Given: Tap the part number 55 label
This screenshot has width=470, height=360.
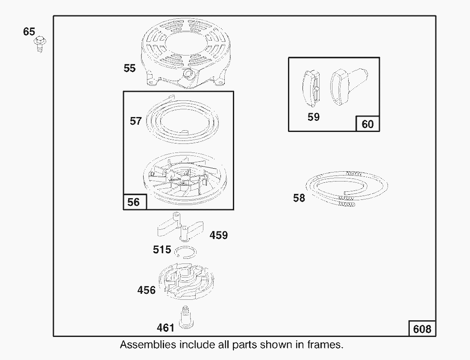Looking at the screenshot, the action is [129, 68].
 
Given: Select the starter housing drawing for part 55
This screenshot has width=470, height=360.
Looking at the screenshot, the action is [186, 53].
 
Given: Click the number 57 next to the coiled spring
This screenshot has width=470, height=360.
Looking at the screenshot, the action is [135, 121].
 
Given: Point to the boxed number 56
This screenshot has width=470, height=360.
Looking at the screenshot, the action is [133, 202].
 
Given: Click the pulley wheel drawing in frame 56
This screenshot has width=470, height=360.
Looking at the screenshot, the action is [185, 179].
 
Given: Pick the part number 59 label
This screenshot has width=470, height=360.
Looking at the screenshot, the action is [314, 117].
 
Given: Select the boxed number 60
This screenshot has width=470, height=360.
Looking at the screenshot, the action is [368, 124].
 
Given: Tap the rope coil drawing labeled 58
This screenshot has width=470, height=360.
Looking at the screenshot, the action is [347, 189].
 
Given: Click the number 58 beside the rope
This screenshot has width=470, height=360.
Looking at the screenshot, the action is [299, 198].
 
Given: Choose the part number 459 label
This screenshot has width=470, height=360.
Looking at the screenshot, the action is [218, 235].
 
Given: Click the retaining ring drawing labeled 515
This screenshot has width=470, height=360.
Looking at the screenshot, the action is [186, 252].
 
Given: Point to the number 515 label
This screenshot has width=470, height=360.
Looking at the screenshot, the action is [162, 249].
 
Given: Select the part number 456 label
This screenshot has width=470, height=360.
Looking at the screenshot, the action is [146, 290].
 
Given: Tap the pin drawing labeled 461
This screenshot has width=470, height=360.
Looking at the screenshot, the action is [186, 318].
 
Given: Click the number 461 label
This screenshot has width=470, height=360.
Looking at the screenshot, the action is [165, 328].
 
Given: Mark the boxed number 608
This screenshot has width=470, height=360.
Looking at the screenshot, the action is [422, 329].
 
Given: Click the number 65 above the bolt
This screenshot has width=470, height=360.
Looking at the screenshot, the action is [29, 32].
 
